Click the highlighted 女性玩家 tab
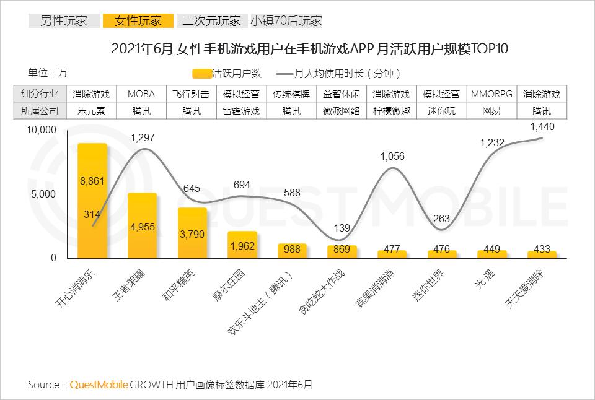point(137,21)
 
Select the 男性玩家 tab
point(64,21)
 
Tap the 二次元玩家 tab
point(211,21)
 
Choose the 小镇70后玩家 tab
point(286,21)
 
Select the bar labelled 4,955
point(142,226)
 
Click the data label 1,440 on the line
point(542,126)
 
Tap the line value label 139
point(342,228)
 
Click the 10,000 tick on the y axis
point(41,129)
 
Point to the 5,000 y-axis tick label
point(44,194)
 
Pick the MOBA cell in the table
point(141,95)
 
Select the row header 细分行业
point(40,95)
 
